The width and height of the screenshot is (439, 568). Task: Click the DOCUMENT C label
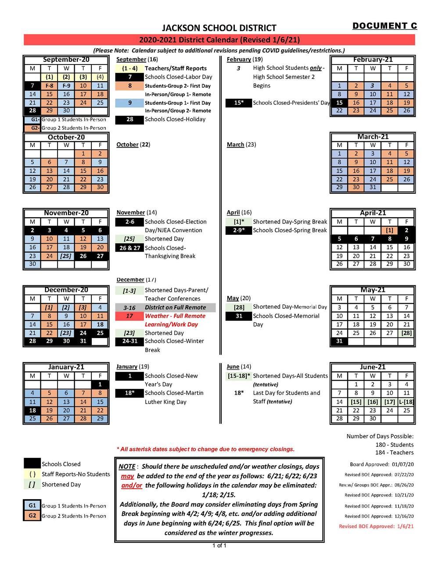click(x=385, y=26)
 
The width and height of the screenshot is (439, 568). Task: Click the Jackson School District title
click(x=219, y=28)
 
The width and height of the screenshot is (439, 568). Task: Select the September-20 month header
click(x=66, y=60)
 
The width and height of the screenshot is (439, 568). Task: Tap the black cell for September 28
click(x=32, y=111)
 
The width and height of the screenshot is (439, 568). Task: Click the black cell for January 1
click(x=100, y=385)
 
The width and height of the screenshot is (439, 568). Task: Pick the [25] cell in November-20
click(x=66, y=256)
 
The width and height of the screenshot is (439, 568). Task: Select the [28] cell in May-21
click(x=406, y=333)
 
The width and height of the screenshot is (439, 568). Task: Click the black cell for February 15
click(x=339, y=102)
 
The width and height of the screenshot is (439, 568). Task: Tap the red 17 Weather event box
click(x=129, y=316)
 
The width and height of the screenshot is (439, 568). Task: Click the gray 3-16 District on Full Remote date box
click(x=129, y=308)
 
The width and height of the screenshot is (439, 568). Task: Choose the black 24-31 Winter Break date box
click(x=129, y=341)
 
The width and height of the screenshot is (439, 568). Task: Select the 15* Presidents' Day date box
click(x=238, y=103)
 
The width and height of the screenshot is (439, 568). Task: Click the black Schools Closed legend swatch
click(x=32, y=464)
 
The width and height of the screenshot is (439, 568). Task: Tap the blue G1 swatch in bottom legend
click(x=32, y=505)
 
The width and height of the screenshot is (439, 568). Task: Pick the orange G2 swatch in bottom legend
click(x=32, y=515)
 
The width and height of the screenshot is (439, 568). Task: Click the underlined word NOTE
click(x=127, y=467)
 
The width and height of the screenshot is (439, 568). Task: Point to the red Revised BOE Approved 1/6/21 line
click(x=376, y=526)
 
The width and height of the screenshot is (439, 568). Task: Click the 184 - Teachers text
click(x=394, y=453)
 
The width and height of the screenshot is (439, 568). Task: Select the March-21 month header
click(x=372, y=137)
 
